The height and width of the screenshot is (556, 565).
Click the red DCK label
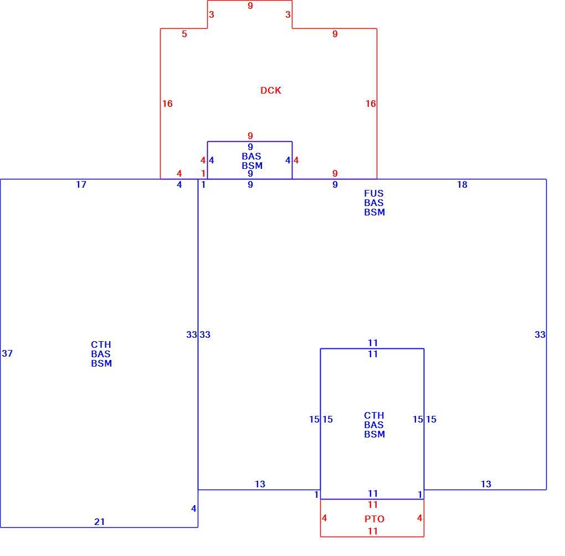pyautogui.click(x=271, y=90)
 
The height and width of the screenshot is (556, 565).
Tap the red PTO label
pyautogui.click(x=374, y=519)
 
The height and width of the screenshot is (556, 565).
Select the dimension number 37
pyautogui.click(x=7, y=353)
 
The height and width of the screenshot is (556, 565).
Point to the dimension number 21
pyautogui.click(x=100, y=522)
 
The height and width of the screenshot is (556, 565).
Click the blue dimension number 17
pyautogui.click(x=81, y=184)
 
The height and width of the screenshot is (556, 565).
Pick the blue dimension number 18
pyautogui.click(x=463, y=184)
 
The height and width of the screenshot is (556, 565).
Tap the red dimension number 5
pyautogui.click(x=184, y=34)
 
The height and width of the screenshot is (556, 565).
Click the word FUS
pyautogui.click(x=374, y=193)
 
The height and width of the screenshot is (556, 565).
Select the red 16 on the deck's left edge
pyautogui.click(x=167, y=104)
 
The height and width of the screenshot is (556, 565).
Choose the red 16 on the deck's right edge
pyautogui.click(x=371, y=104)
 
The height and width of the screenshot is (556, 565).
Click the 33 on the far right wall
pyautogui.click(x=540, y=334)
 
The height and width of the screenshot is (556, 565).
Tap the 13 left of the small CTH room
pyautogui.click(x=260, y=485)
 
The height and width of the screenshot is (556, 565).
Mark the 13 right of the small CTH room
pyautogui.click(x=486, y=485)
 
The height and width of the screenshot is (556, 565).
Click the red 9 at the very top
pyautogui.click(x=250, y=6)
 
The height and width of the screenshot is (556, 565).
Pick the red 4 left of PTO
pyautogui.click(x=324, y=518)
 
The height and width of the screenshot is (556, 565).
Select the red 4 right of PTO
pyautogui.click(x=419, y=518)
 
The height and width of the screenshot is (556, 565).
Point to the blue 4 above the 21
pyautogui.click(x=193, y=508)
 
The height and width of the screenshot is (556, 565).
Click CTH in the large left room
pyautogui.click(x=101, y=344)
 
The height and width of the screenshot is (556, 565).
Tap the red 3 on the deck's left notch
pyautogui.click(x=212, y=15)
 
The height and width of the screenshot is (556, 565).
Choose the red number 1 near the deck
pyautogui.click(x=203, y=173)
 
